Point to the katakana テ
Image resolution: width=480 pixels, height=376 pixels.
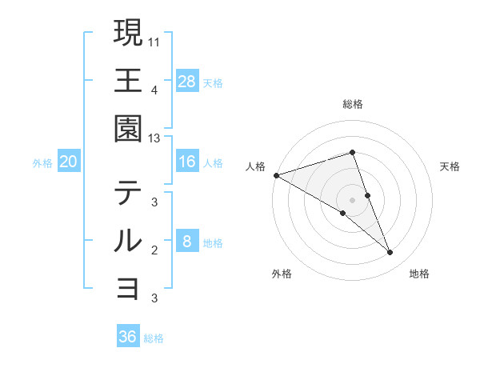pyautogui.click(x=128, y=194)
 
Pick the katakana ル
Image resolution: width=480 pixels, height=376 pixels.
pyautogui.click(x=128, y=241)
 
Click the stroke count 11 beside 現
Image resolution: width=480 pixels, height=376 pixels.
pyautogui.click(x=154, y=41)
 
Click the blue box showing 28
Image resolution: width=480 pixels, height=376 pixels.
pyautogui.click(x=186, y=81)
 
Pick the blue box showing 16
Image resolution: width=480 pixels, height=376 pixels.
pyautogui.click(x=186, y=162)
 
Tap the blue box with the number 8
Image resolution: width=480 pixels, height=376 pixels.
pyautogui.click(x=186, y=242)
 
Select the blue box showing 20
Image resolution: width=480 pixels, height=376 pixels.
pyautogui.click(x=69, y=162)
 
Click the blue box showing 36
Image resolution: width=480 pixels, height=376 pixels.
pyautogui.click(x=128, y=337)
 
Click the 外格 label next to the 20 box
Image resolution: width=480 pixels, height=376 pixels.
pyautogui.click(x=42, y=163)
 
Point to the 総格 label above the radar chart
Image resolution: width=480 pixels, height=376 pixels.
pyautogui.click(x=353, y=104)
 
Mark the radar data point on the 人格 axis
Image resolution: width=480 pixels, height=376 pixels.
pyautogui.click(x=276, y=175)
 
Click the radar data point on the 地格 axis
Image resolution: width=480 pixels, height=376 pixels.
pyautogui.click(x=390, y=253)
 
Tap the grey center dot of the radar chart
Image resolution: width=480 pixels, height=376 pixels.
pyautogui.click(x=353, y=199)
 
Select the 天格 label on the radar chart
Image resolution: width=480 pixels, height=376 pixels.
pyautogui.click(x=450, y=166)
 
